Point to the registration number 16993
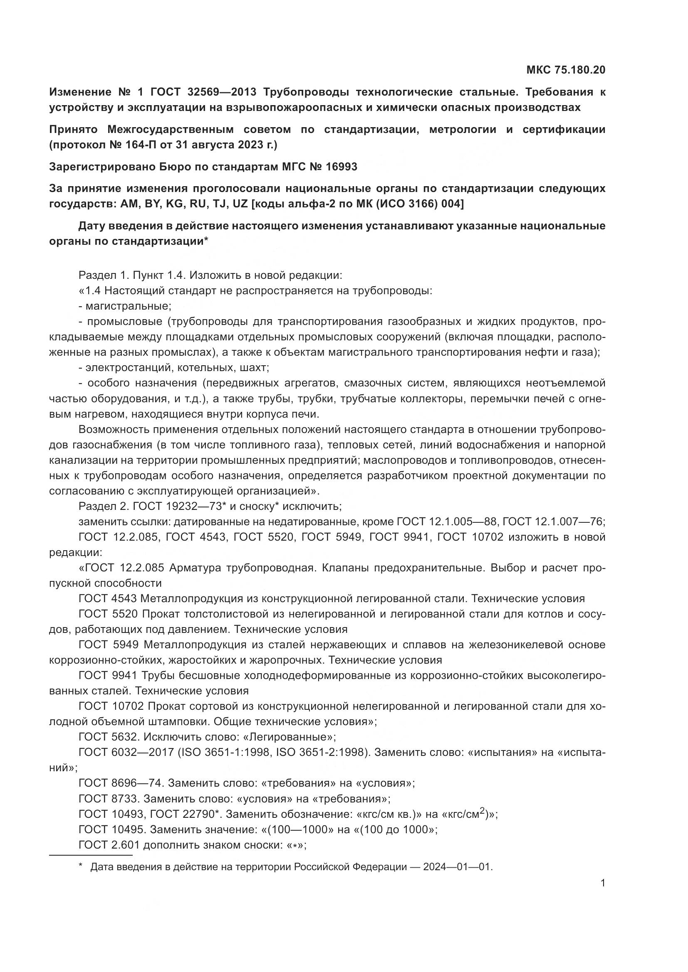[x=342, y=167]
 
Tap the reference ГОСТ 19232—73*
[x=178, y=506]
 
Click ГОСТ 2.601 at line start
[x=109, y=845]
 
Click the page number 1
[x=603, y=895]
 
